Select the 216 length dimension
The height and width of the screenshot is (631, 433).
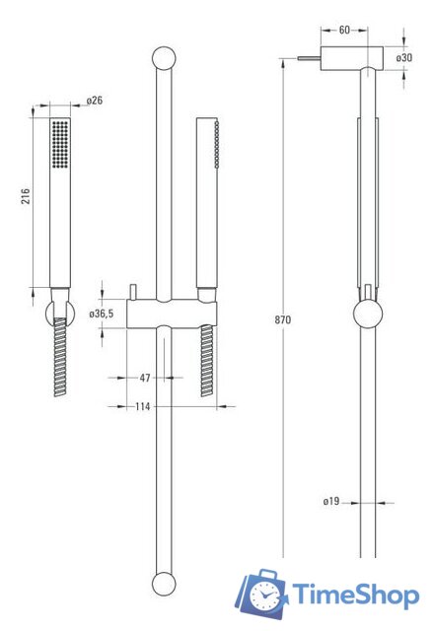click(26, 198)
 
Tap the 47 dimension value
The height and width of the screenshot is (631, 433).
click(145, 378)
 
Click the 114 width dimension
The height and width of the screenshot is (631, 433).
click(145, 405)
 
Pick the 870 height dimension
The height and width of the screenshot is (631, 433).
click(288, 320)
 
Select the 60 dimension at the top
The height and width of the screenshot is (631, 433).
click(343, 30)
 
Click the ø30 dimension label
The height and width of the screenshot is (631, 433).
click(404, 58)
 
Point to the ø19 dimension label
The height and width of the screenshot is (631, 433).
click(331, 502)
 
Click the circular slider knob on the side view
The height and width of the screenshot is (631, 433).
click(367, 317)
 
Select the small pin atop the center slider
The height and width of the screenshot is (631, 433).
click(131, 289)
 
